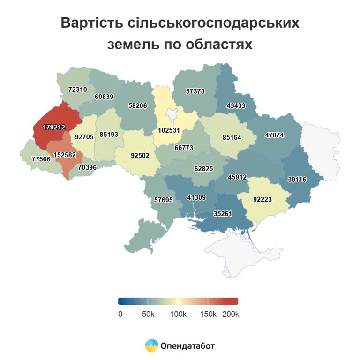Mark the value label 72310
coord(78,89)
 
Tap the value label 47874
coord(275,135)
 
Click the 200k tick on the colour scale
coord(230,314)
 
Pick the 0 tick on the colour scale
coord(120,314)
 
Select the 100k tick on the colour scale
coord(178,314)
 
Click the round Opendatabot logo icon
coord(151,345)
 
